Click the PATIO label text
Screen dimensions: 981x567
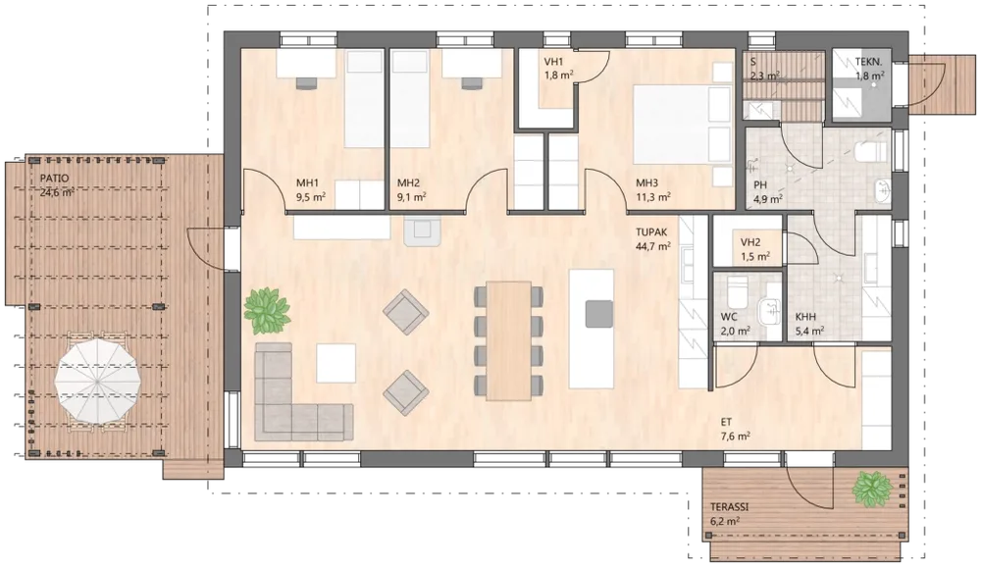55,179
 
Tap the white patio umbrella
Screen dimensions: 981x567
96,381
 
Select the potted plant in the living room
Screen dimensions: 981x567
267,310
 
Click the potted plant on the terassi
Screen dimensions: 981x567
872,489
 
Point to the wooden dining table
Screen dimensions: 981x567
508,340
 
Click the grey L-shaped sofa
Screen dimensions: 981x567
295,393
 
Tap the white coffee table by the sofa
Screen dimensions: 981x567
336,363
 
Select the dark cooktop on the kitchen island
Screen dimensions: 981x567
599,314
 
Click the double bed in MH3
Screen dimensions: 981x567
682,126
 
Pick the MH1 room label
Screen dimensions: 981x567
307,183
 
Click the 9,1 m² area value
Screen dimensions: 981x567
412,196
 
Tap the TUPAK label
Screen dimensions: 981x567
652,232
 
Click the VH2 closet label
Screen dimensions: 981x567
750,243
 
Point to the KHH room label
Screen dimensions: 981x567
805,317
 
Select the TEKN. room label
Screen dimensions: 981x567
869,62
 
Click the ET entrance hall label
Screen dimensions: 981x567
726,423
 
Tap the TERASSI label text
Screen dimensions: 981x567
729,507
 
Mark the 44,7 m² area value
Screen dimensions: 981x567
653,246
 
